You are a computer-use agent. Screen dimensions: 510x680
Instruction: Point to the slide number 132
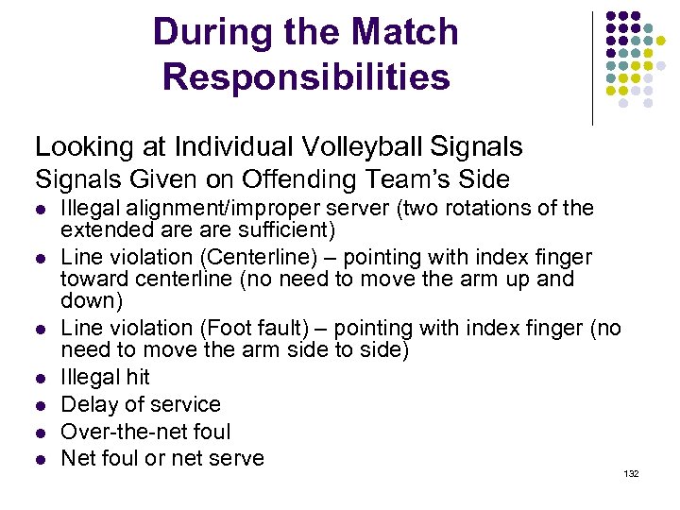point(632,473)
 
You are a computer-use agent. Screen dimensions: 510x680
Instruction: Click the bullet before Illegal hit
point(40,378)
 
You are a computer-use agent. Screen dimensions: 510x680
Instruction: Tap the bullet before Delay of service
point(40,405)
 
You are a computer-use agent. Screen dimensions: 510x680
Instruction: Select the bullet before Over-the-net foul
point(40,433)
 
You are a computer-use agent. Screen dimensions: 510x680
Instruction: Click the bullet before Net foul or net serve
point(40,460)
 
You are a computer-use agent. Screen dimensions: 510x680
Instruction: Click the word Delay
point(85,404)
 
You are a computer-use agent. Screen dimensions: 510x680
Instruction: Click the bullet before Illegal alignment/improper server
point(40,209)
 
